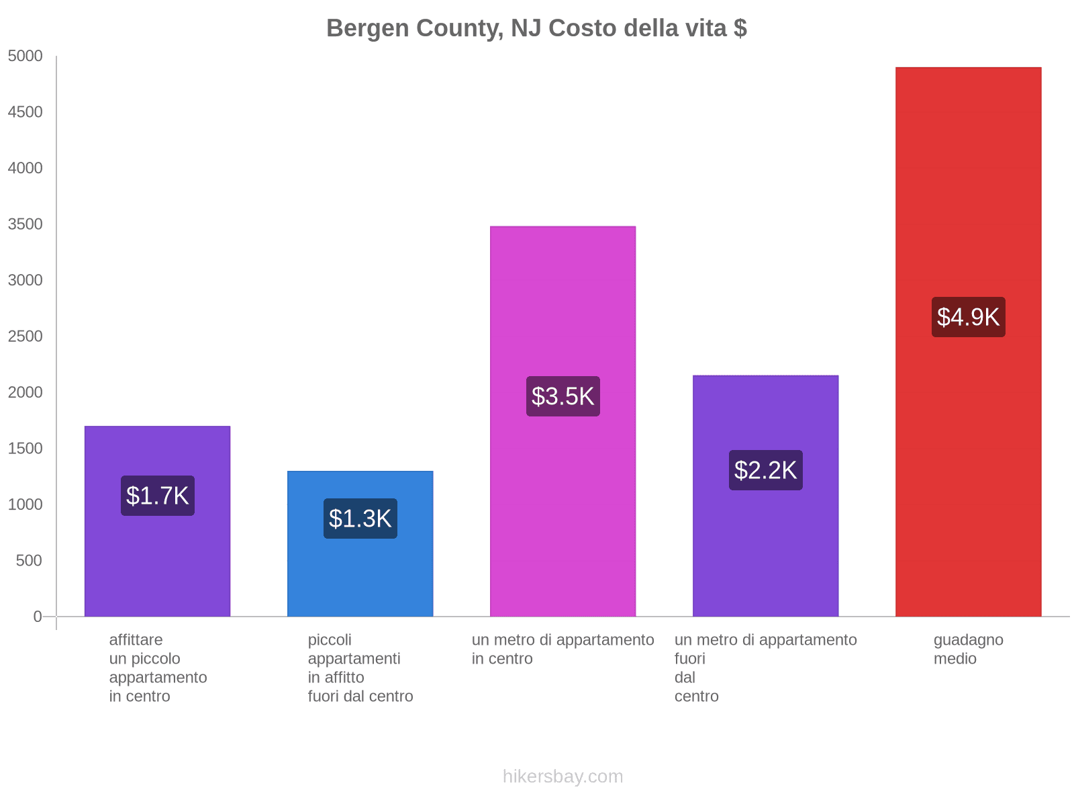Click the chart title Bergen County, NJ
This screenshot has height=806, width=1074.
click(x=536, y=28)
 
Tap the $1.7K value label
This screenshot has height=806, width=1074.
click(x=158, y=496)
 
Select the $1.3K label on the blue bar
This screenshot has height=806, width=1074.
click(x=360, y=519)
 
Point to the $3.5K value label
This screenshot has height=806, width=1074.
click(x=563, y=396)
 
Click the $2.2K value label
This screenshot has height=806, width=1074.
click(x=765, y=470)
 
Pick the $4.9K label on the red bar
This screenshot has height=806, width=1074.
click(x=968, y=317)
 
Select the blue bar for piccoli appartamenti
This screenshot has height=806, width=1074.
click(x=360, y=578)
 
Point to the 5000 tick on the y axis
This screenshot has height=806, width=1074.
click(x=26, y=56)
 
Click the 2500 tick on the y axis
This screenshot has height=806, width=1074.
click(x=26, y=337)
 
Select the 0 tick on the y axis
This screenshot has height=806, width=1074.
click(x=38, y=617)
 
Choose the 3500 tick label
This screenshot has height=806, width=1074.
click(x=26, y=224)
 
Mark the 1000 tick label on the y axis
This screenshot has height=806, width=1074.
click(x=26, y=504)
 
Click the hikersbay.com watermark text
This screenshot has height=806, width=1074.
click(x=563, y=776)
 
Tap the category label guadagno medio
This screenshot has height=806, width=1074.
click(x=968, y=649)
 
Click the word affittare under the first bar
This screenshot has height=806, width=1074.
click(x=136, y=639)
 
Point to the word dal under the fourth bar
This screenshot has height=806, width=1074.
click(x=685, y=677)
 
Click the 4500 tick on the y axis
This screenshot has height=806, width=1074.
click(x=26, y=112)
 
